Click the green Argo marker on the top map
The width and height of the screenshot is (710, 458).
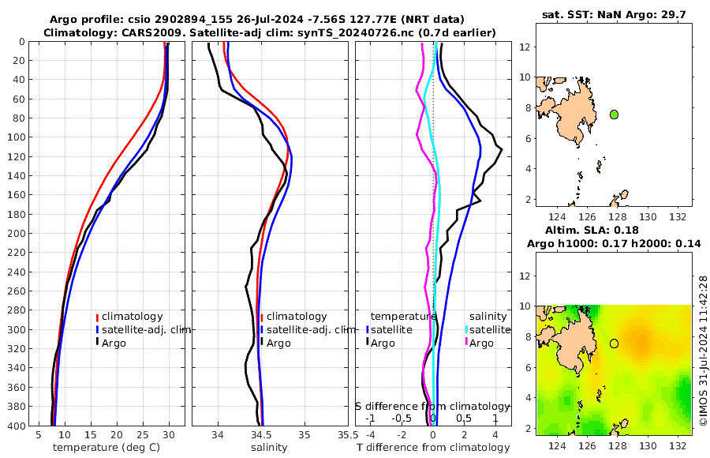coord(614,114)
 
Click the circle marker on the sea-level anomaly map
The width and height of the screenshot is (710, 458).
coord(614,343)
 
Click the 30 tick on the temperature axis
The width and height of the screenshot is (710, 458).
coord(169,435)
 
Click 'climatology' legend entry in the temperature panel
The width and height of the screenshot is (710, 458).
coord(132,316)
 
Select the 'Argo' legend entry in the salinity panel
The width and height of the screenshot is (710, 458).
coord(278,343)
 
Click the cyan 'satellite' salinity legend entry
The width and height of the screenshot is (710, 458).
coord(490,329)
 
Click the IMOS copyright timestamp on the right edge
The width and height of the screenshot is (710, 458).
coord(703,351)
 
